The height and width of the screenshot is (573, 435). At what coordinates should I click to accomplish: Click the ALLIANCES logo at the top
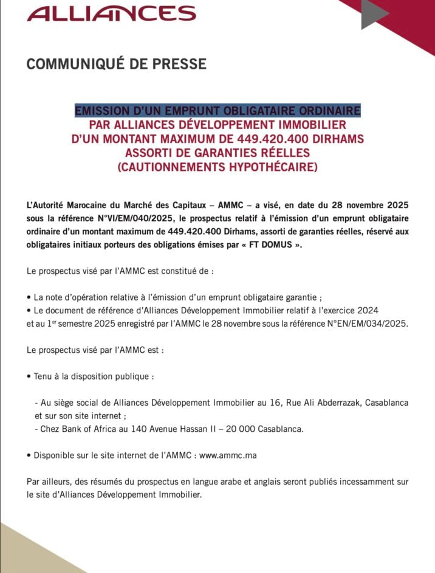112,13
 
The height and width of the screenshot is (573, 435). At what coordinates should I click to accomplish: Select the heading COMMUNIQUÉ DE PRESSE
116,64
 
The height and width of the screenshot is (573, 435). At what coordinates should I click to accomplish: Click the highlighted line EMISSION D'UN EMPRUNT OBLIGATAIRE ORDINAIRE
217,111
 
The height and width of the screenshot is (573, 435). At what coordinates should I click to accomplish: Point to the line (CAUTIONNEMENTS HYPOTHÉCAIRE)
217,166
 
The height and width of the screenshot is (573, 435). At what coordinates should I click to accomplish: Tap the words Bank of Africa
89,429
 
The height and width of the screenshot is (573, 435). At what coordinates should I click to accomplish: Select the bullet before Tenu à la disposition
29,377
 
